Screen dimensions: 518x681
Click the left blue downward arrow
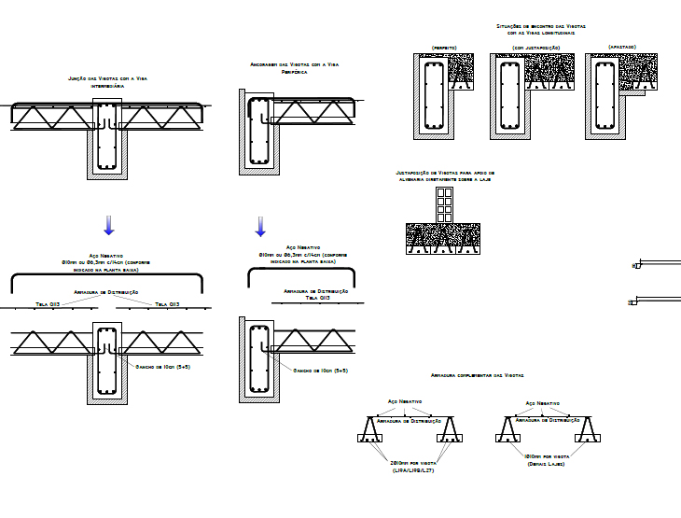(108, 225)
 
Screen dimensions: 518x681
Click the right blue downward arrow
(260, 227)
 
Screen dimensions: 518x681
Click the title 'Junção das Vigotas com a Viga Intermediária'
(107, 81)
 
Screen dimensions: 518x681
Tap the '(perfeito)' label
(443, 47)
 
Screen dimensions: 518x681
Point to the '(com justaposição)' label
(535, 47)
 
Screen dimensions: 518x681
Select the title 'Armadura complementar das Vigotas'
(478, 374)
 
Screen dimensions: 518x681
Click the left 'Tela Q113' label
(48, 304)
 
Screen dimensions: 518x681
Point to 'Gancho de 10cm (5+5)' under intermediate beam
(163, 367)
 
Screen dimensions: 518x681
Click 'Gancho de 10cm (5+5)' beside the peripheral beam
(320, 370)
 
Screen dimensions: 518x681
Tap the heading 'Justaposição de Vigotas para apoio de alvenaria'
(445, 176)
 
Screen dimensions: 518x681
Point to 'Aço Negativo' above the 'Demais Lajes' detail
(542, 404)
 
